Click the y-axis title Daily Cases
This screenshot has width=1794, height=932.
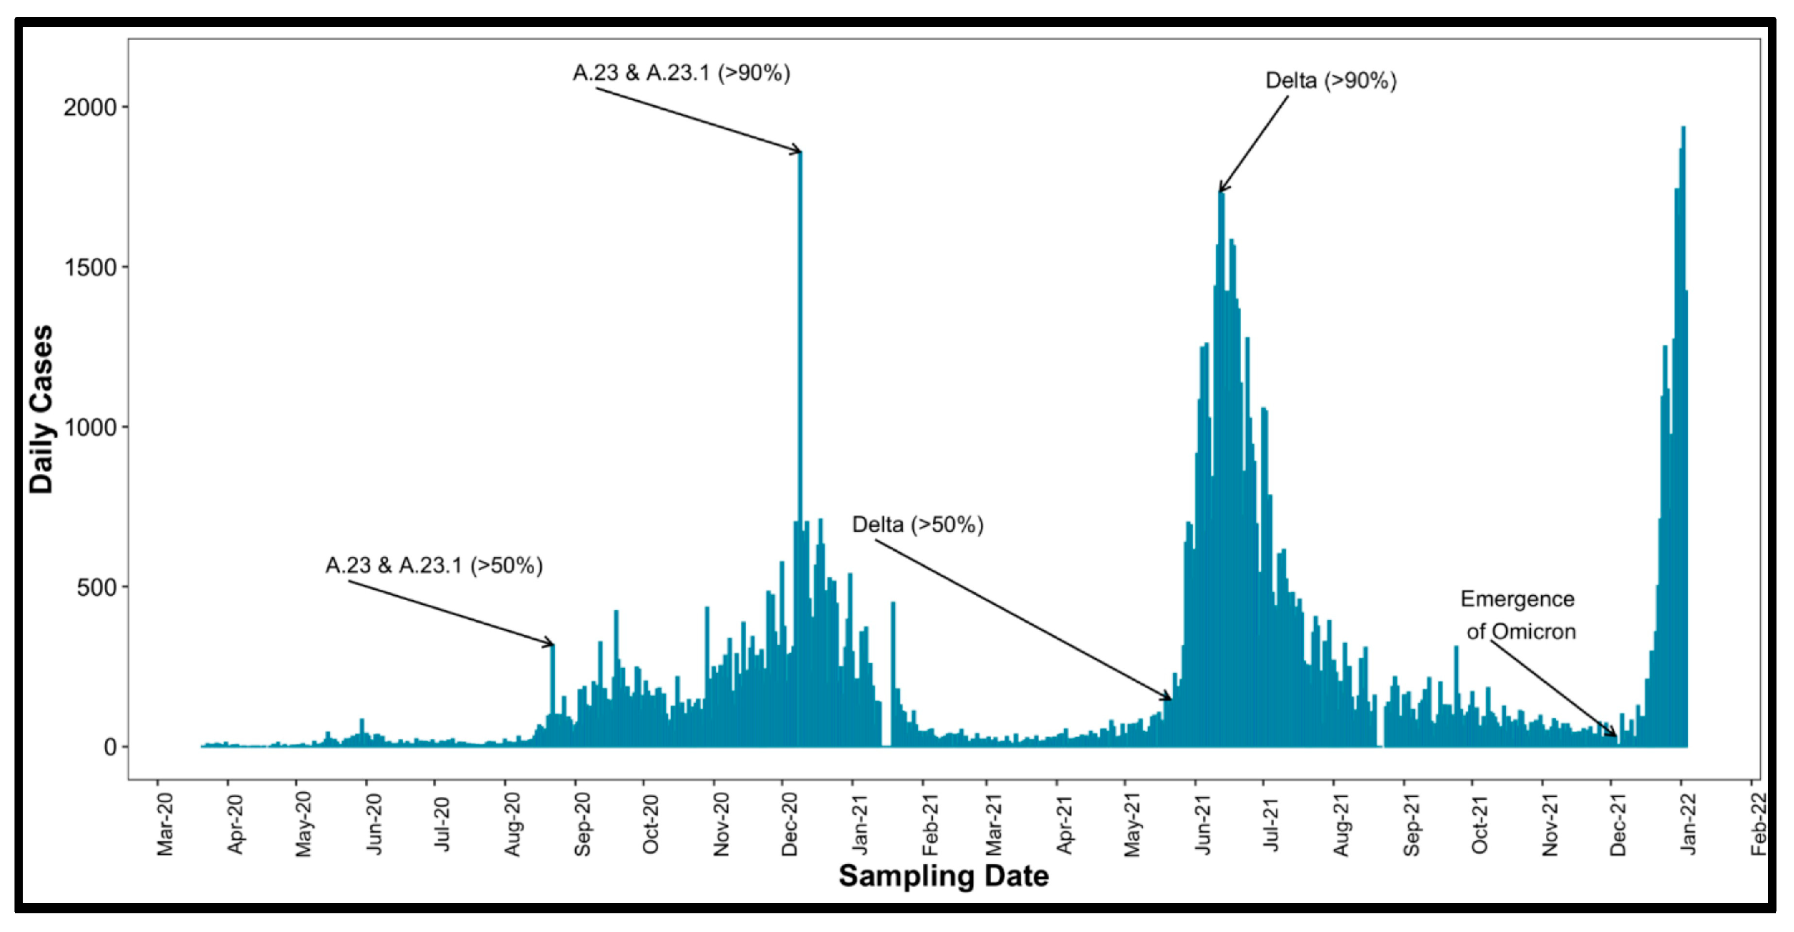pyautogui.click(x=42, y=410)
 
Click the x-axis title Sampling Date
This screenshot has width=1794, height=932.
pyautogui.click(x=943, y=876)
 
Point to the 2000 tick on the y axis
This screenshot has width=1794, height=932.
pyautogui.click(x=91, y=107)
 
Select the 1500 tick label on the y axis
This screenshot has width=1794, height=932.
pyautogui.click(x=91, y=267)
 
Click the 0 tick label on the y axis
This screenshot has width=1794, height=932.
pyautogui.click(x=110, y=747)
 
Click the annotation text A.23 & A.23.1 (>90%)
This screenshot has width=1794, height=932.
pyautogui.click(x=681, y=72)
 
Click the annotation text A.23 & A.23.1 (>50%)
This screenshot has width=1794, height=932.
pyautogui.click(x=434, y=565)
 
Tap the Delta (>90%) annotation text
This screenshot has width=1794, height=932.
pyautogui.click(x=1330, y=81)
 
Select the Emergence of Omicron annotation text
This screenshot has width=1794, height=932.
pyautogui.click(x=1518, y=615)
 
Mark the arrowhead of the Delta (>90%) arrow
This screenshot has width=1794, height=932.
pyautogui.click(x=1221, y=190)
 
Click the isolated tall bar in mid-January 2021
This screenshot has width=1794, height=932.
pyautogui.click(x=893, y=669)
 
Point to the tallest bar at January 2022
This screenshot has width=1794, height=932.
pyautogui.click(x=1682, y=418)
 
